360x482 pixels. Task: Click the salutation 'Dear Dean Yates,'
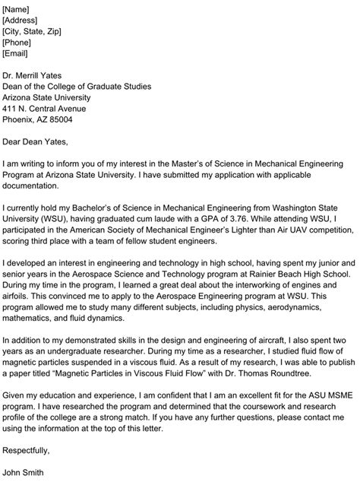pyautogui.click(x=35, y=141)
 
